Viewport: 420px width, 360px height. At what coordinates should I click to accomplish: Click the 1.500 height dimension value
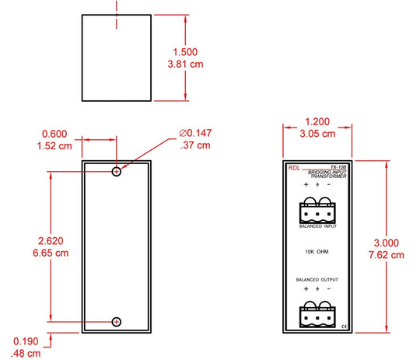point(185,52)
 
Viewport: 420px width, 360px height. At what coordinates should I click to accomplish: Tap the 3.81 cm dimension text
point(185,65)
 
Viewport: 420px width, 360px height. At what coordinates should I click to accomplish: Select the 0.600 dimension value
point(54,134)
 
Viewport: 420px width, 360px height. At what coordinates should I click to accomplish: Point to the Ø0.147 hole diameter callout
point(195,133)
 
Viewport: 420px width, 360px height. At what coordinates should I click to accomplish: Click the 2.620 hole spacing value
point(51,241)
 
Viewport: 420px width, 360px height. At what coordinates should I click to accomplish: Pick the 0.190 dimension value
point(26,341)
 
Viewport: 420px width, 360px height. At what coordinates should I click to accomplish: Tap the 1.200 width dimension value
point(317,122)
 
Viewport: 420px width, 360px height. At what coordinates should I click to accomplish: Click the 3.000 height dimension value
point(387,243)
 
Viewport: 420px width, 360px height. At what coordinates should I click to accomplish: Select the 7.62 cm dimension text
point(387,255)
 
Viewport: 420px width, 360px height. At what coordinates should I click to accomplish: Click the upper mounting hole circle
point(117,168)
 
